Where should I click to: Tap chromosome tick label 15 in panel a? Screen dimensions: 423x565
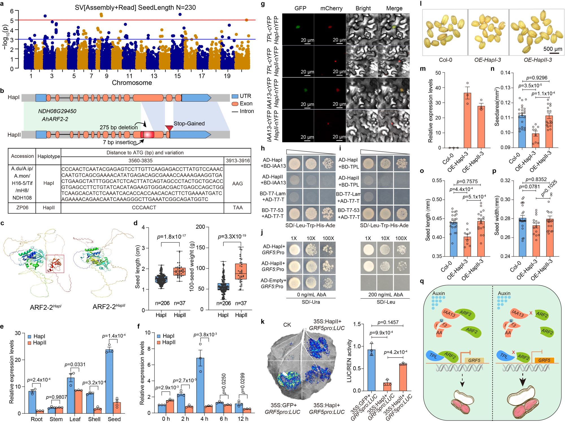pos(177,76)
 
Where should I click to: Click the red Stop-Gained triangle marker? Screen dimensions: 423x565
pos(169,128)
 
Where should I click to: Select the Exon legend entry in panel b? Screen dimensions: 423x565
pos(242,104)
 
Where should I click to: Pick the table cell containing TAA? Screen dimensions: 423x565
pos(238,208)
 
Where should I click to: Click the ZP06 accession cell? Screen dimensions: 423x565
pos(22,208)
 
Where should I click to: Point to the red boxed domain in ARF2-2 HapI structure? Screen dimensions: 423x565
pos(55,264)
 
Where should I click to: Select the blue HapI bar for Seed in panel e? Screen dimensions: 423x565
pos(109,381)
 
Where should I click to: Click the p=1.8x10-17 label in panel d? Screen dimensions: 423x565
pos(171,236)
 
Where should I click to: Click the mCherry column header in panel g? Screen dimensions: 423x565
pos(331,8)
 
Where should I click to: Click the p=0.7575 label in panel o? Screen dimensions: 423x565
pos(467,182)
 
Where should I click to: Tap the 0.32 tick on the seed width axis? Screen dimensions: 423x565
pos(505,180)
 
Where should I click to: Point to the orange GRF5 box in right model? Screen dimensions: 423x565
pos(544,360)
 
